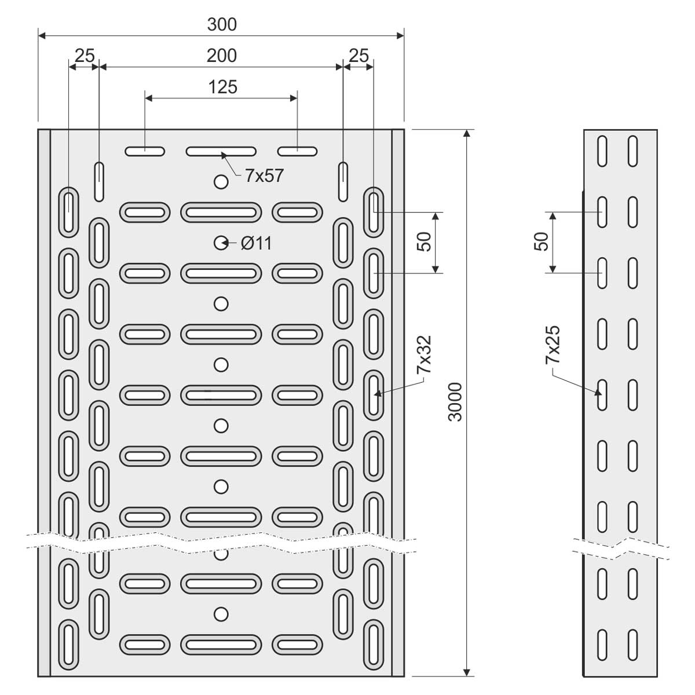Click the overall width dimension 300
[x=222, y=24]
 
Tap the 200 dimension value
[x=222, y=56]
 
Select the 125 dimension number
[x=222, y=87]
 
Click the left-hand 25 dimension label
[x=85, y=56]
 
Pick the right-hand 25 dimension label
[x=359, y=56]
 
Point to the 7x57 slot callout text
[x=264, y=175]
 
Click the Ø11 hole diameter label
[x=257, y=244]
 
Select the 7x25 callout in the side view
[x=553, y=345]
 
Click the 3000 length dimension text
[x=456, y=401]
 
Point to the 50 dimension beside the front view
[x=424, y=242]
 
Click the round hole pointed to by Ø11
[x=221, y=243]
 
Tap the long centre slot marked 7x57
[x=221, y=152]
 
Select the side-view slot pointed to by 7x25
[x=602, y=394]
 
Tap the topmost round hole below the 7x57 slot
[x=221, y=182]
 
